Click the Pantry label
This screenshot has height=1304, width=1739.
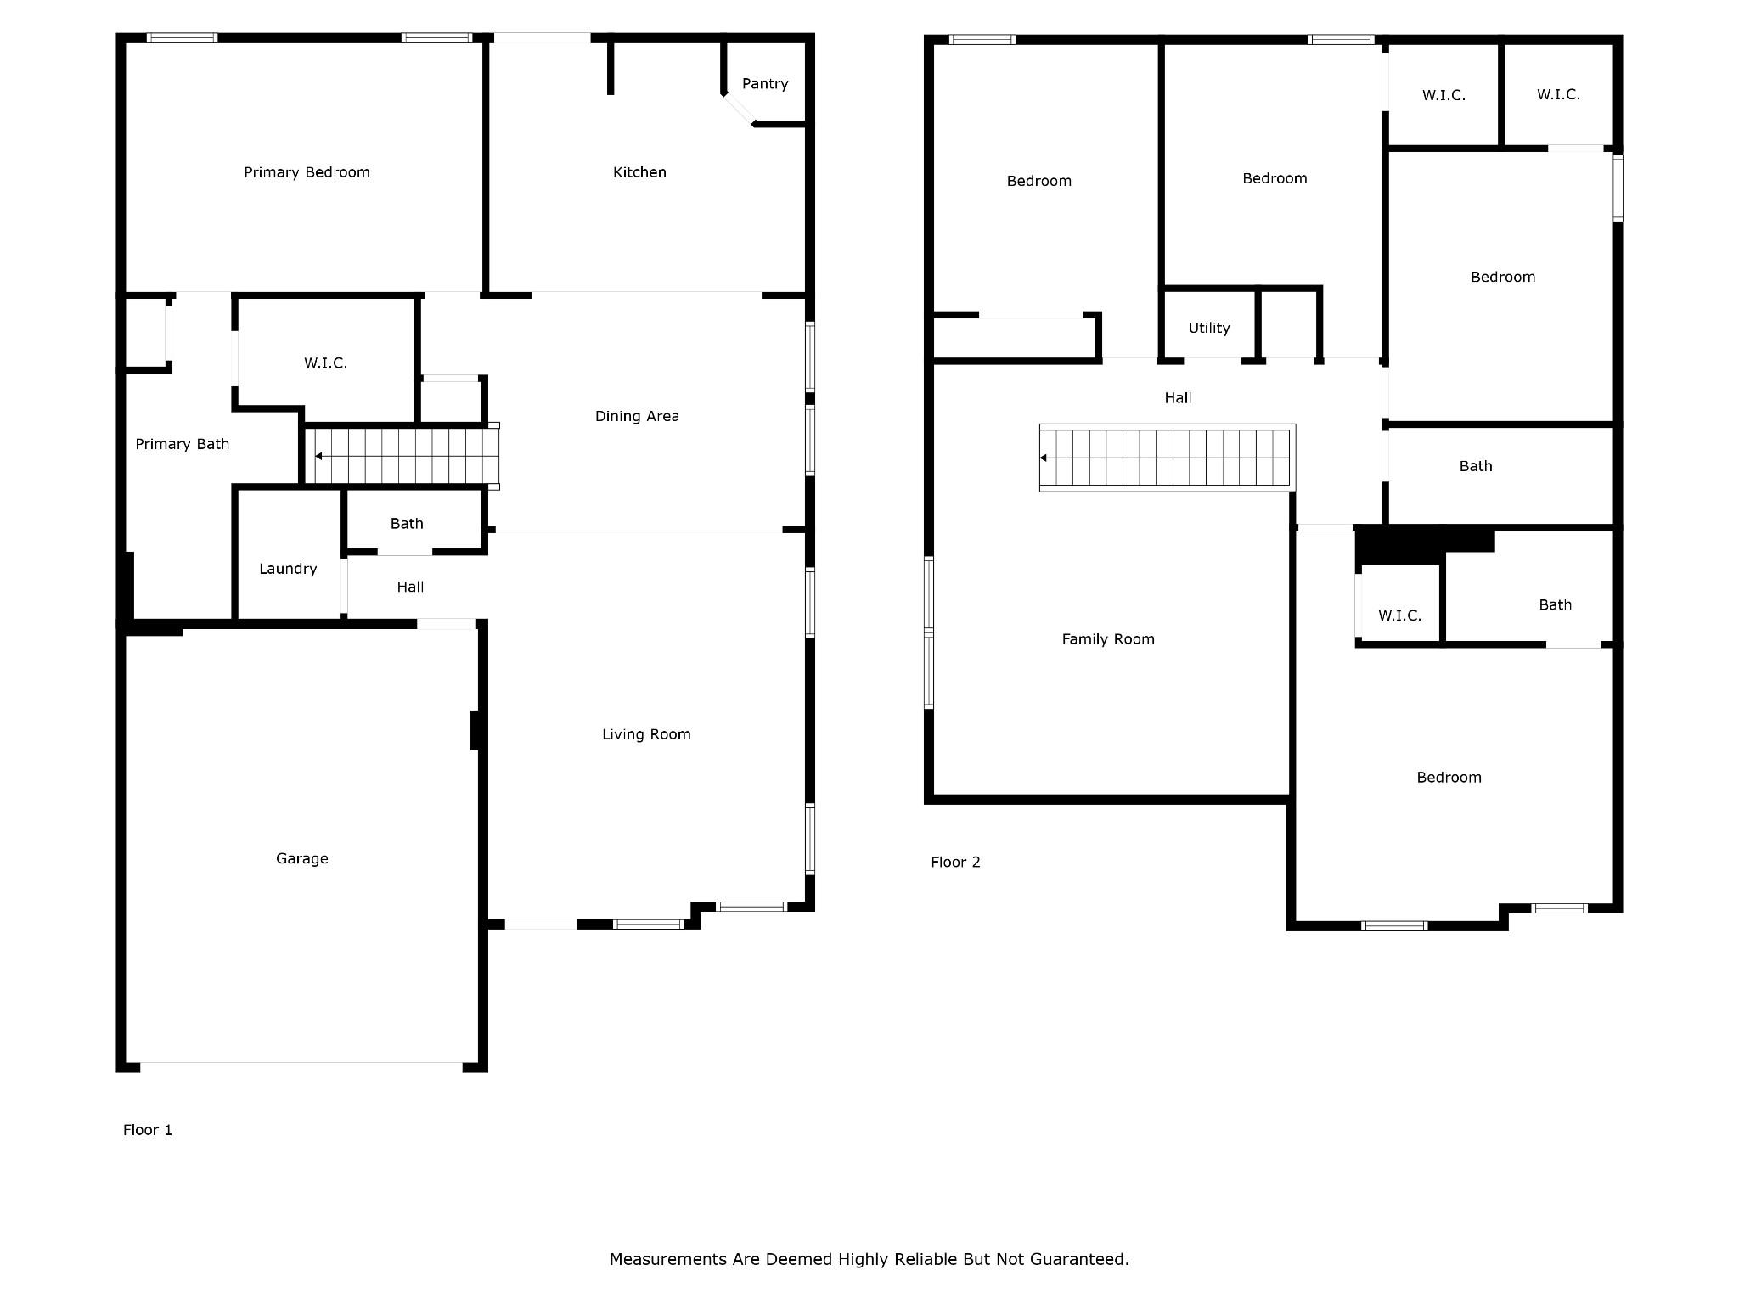coord(764,83)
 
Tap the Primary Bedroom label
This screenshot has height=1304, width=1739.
coord(307,172)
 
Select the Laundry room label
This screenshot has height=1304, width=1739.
coord(288,569)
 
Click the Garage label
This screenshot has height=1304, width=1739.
coord(301,858)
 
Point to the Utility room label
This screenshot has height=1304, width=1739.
coord(1208,328)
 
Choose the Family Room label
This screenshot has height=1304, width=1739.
coord(1107,639)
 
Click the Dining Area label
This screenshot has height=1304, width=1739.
coord(637,416)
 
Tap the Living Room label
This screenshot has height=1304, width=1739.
coord(646,734)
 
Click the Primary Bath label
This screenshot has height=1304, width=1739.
coord(182,444)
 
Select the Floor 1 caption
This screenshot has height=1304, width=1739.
coord(148,1129)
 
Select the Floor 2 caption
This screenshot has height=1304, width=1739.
coord(955,862)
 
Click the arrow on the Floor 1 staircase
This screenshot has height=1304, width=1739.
coord(318,457)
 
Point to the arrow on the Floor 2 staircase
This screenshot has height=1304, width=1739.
coord(1044,458)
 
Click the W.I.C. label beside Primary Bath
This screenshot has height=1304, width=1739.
coord(325,363)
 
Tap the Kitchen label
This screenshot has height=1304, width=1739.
coord(639,172)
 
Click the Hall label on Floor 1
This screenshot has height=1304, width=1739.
coord(410,587)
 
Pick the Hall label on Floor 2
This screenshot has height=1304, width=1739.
coord(1178,397)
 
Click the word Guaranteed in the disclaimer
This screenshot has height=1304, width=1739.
coord(1078,1259)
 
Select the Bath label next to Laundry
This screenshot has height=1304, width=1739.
coord(407,524)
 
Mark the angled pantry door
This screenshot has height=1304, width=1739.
coord(738,110)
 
